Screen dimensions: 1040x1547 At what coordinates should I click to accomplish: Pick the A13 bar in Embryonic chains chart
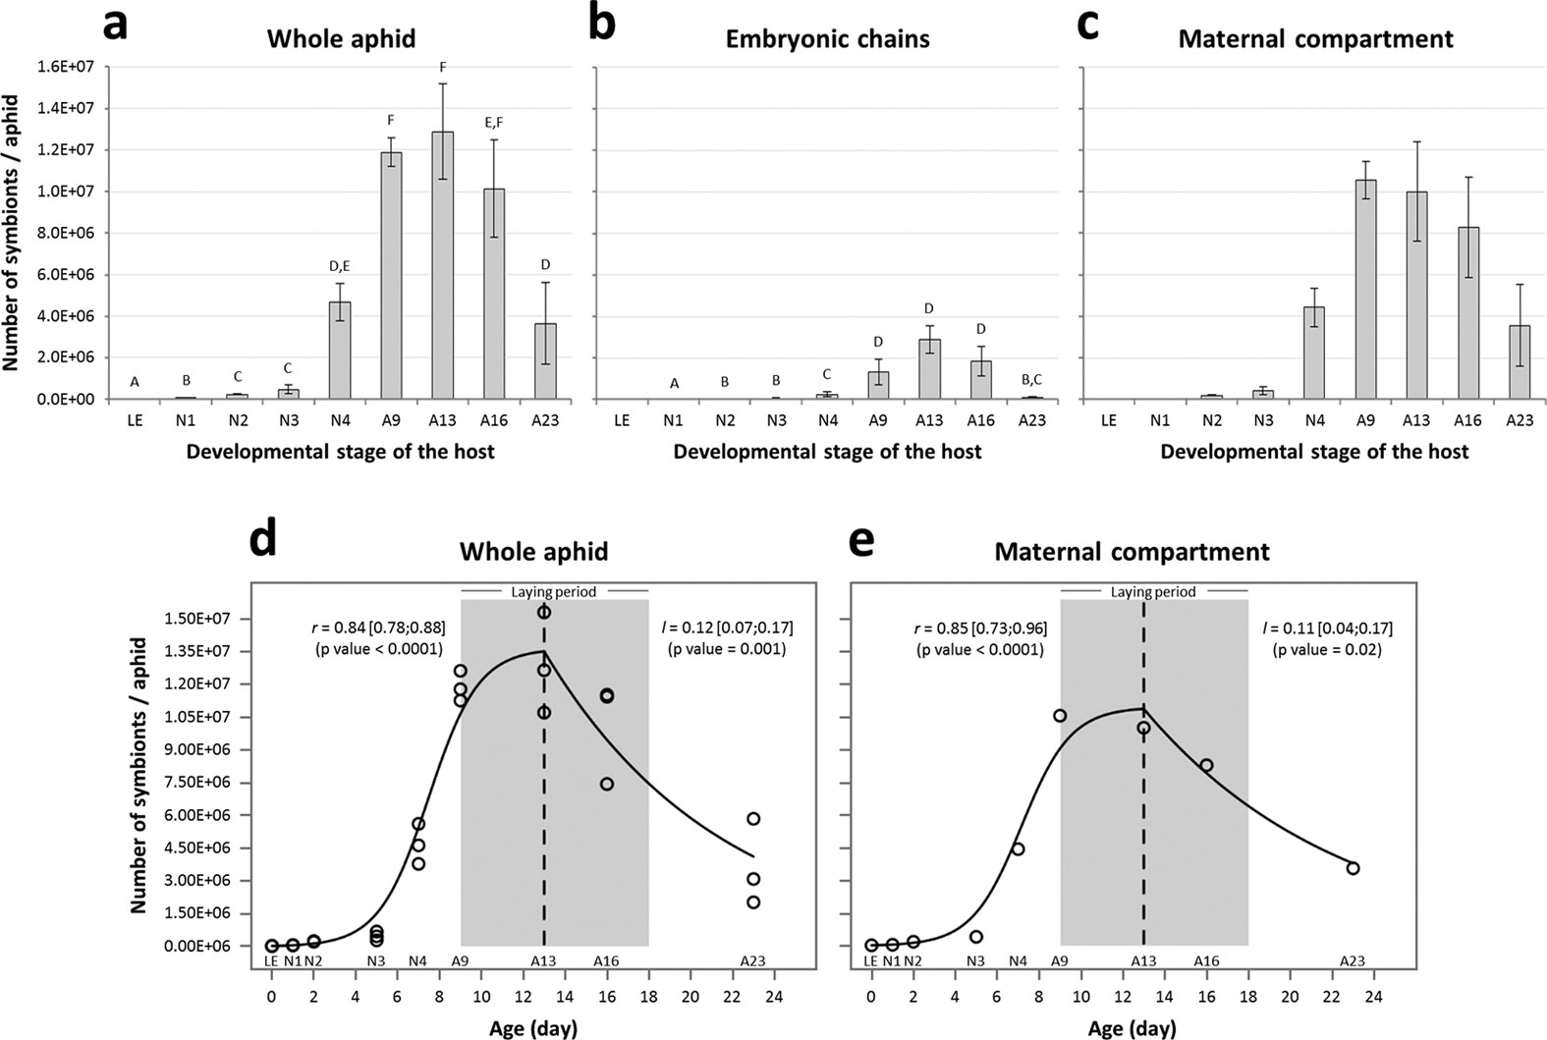929,369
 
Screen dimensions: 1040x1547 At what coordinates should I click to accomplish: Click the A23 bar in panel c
1519,362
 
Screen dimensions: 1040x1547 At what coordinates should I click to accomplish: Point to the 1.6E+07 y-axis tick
67,67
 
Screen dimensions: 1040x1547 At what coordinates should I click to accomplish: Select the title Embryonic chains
827,39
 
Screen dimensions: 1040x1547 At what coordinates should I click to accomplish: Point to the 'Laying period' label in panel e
1153,592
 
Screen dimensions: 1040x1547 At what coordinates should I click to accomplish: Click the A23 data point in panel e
1353,868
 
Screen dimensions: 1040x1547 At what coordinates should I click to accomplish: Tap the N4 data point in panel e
1018,848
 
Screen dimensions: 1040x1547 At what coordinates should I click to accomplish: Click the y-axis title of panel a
12,233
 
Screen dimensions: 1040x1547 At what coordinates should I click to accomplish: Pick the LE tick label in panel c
1108,420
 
